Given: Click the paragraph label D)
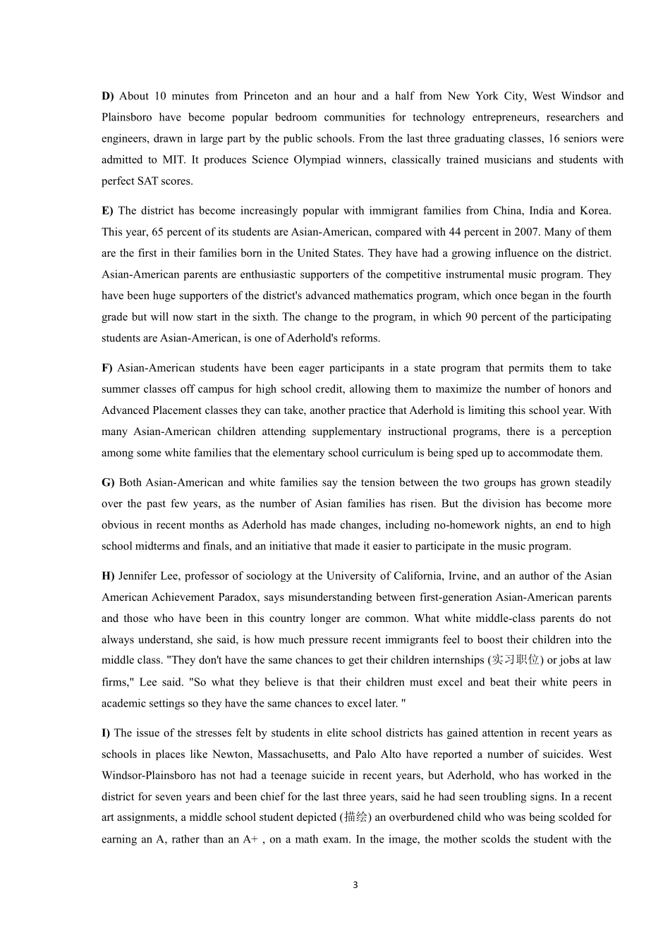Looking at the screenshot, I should pos(108,96).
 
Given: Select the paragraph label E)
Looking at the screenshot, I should pos(107,211).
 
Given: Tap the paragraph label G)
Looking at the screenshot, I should pos(108,483).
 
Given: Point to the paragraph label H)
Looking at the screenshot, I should pos(108,576).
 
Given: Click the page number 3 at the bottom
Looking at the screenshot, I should pos(355,885).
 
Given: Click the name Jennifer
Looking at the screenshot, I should pos(141,576).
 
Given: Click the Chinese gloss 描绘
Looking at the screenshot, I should pos(355,818).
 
